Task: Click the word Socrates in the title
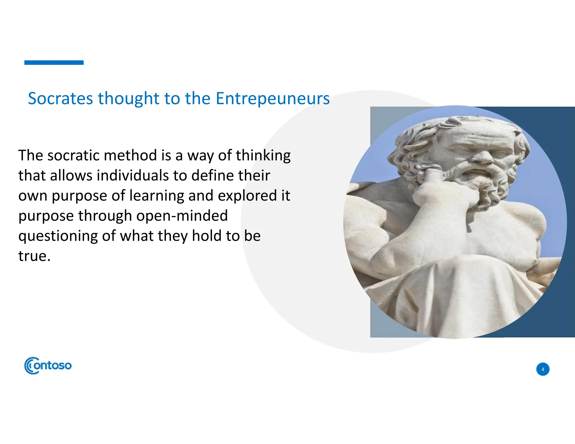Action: click(60, 99)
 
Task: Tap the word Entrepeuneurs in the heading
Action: click(272, 99)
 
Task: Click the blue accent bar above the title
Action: click(54, 63)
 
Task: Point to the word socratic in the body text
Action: click(73, 155)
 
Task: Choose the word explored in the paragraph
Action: click(247, 196)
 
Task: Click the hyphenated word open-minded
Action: click(182, 216)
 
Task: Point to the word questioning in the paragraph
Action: click(58, 236)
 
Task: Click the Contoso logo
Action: click(48, 365)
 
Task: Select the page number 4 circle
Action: click(543, 369)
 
